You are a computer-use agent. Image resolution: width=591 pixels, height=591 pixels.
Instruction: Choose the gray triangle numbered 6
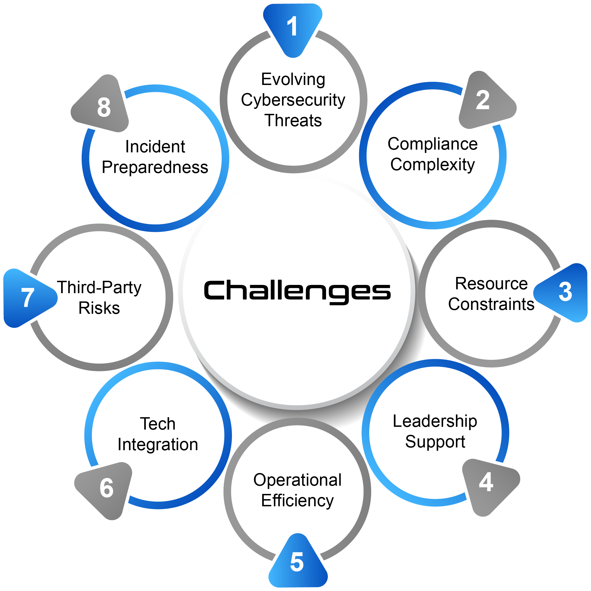click(x=106, y=488)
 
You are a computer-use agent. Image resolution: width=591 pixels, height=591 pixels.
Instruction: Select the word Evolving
click(x=293, y=79)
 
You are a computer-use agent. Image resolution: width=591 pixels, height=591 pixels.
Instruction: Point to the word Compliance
click(x=433, y=144)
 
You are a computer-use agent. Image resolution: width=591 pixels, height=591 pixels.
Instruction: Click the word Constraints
click(x=491, y=304)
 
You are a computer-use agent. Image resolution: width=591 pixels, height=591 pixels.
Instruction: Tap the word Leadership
click(x=435, y=421)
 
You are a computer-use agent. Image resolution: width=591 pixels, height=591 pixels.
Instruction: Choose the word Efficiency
click(x=297, y=501)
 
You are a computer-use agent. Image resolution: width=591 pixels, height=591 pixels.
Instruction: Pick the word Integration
click(x=158, y=444)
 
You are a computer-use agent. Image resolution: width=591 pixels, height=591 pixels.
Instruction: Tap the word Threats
click(x=293, y=120)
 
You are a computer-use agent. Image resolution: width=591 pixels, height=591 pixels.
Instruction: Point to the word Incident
click(x=155, y=147)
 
